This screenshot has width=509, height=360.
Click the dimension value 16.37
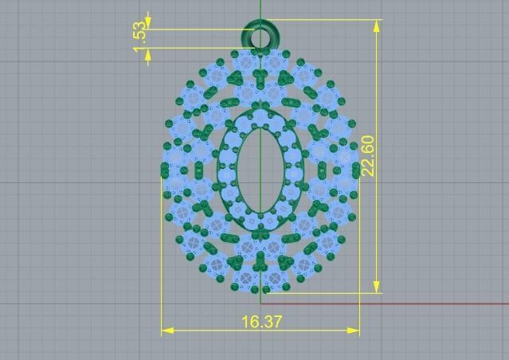261,322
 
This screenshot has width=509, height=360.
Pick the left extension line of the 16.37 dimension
162,263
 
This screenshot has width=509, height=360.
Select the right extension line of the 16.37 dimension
359,263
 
